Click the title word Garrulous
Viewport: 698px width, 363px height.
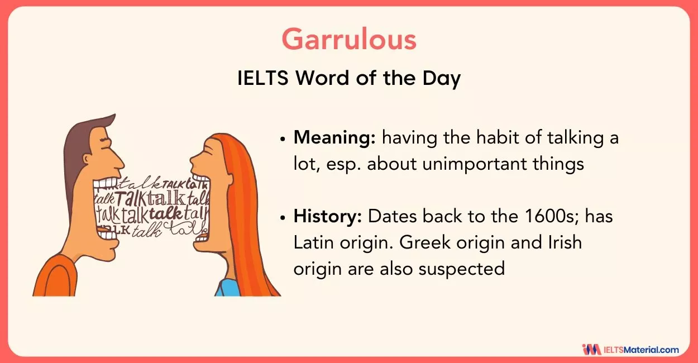click(349, 40)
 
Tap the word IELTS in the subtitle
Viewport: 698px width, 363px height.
click(263, 78)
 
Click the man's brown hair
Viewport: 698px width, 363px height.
click(78, 145)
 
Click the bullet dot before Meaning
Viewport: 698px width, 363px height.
click(284, 139)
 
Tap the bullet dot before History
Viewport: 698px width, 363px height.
click(284, 217)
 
